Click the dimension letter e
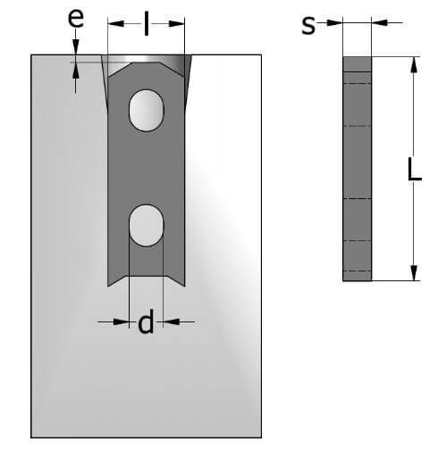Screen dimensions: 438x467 tap(76, 18)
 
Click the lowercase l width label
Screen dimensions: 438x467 tap(146, 24)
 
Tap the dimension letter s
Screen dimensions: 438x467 tap(308, 26)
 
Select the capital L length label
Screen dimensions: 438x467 tap(415, 169)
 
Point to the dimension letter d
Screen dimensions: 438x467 tap(146, 321)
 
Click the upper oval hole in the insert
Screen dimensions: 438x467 tap(146, 110)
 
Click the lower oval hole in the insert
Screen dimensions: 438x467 tap(146, 225)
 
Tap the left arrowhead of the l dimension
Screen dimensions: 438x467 tap(115, 23)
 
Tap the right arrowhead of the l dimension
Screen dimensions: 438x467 tap(176, 23)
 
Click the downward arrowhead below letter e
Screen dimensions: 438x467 tap(76, 47)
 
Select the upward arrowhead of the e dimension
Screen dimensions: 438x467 tap(76, 71)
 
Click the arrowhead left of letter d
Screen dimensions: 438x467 tap(121, 321)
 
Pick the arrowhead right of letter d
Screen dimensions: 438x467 tap(171, 321)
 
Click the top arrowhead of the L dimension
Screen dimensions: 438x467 tap(414, 64)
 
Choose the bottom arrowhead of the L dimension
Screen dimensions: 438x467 tap(414, 272)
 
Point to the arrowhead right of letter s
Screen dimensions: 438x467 tap(334, 22)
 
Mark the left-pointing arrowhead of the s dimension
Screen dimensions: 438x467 tap(380, 22)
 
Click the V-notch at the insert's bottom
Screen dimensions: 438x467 tap(146, 280)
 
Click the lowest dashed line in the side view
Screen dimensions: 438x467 tap(358, 271)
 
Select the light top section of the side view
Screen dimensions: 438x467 tap(358, 64)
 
